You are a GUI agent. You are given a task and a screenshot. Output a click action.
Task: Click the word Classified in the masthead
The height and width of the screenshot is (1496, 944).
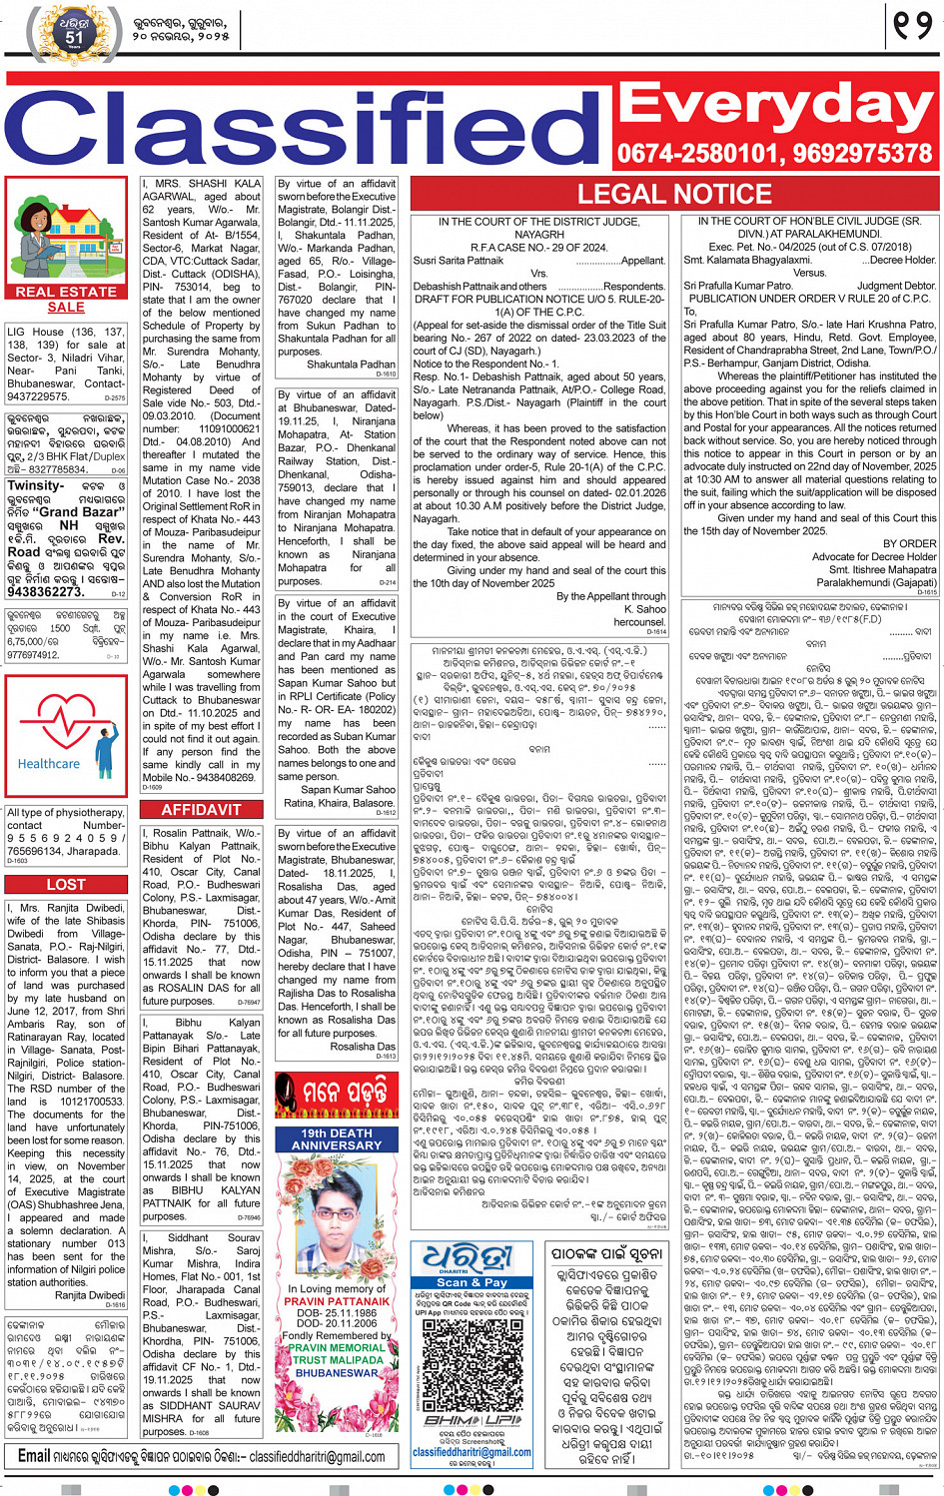305,128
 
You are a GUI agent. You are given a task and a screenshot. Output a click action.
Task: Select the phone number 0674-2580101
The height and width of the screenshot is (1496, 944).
696,154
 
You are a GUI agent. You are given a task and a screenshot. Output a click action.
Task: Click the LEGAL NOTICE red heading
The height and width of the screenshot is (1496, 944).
674,194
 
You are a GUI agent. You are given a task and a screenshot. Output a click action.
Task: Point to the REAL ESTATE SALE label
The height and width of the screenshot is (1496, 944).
66,300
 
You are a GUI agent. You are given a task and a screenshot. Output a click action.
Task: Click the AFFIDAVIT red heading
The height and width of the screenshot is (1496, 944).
201,810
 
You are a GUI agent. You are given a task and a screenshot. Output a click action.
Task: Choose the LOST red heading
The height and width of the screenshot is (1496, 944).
66,885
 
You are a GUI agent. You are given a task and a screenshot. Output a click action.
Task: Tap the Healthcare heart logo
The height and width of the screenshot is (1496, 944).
66,734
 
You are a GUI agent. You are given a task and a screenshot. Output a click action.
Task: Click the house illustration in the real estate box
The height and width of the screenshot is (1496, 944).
66,235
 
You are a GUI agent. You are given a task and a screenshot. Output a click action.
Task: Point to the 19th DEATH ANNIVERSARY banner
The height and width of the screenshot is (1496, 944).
337,1139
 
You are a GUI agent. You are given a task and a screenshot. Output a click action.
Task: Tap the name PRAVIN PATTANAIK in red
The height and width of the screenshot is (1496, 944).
337,1301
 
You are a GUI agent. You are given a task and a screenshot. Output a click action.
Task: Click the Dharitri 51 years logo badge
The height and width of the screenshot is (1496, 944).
75,33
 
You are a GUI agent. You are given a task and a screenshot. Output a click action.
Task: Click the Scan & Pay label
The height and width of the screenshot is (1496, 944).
472,1282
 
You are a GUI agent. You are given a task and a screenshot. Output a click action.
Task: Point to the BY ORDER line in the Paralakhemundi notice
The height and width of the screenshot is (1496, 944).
910,544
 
